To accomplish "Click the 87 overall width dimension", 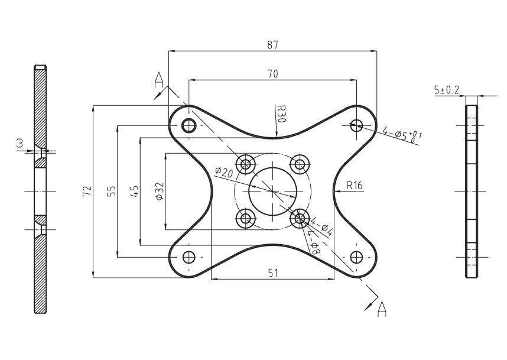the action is point(272,45).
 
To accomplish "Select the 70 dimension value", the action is point(272,74).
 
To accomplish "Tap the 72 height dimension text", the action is point(87,191).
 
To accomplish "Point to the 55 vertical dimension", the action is point(111,191).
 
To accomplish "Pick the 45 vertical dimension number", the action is point(135,191).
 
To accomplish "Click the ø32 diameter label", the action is point(160,191).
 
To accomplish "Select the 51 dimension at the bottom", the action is point(273,273).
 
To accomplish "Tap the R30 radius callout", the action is point(281,113).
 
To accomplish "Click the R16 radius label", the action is point(355,186).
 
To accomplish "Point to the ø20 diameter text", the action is point(224,172).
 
